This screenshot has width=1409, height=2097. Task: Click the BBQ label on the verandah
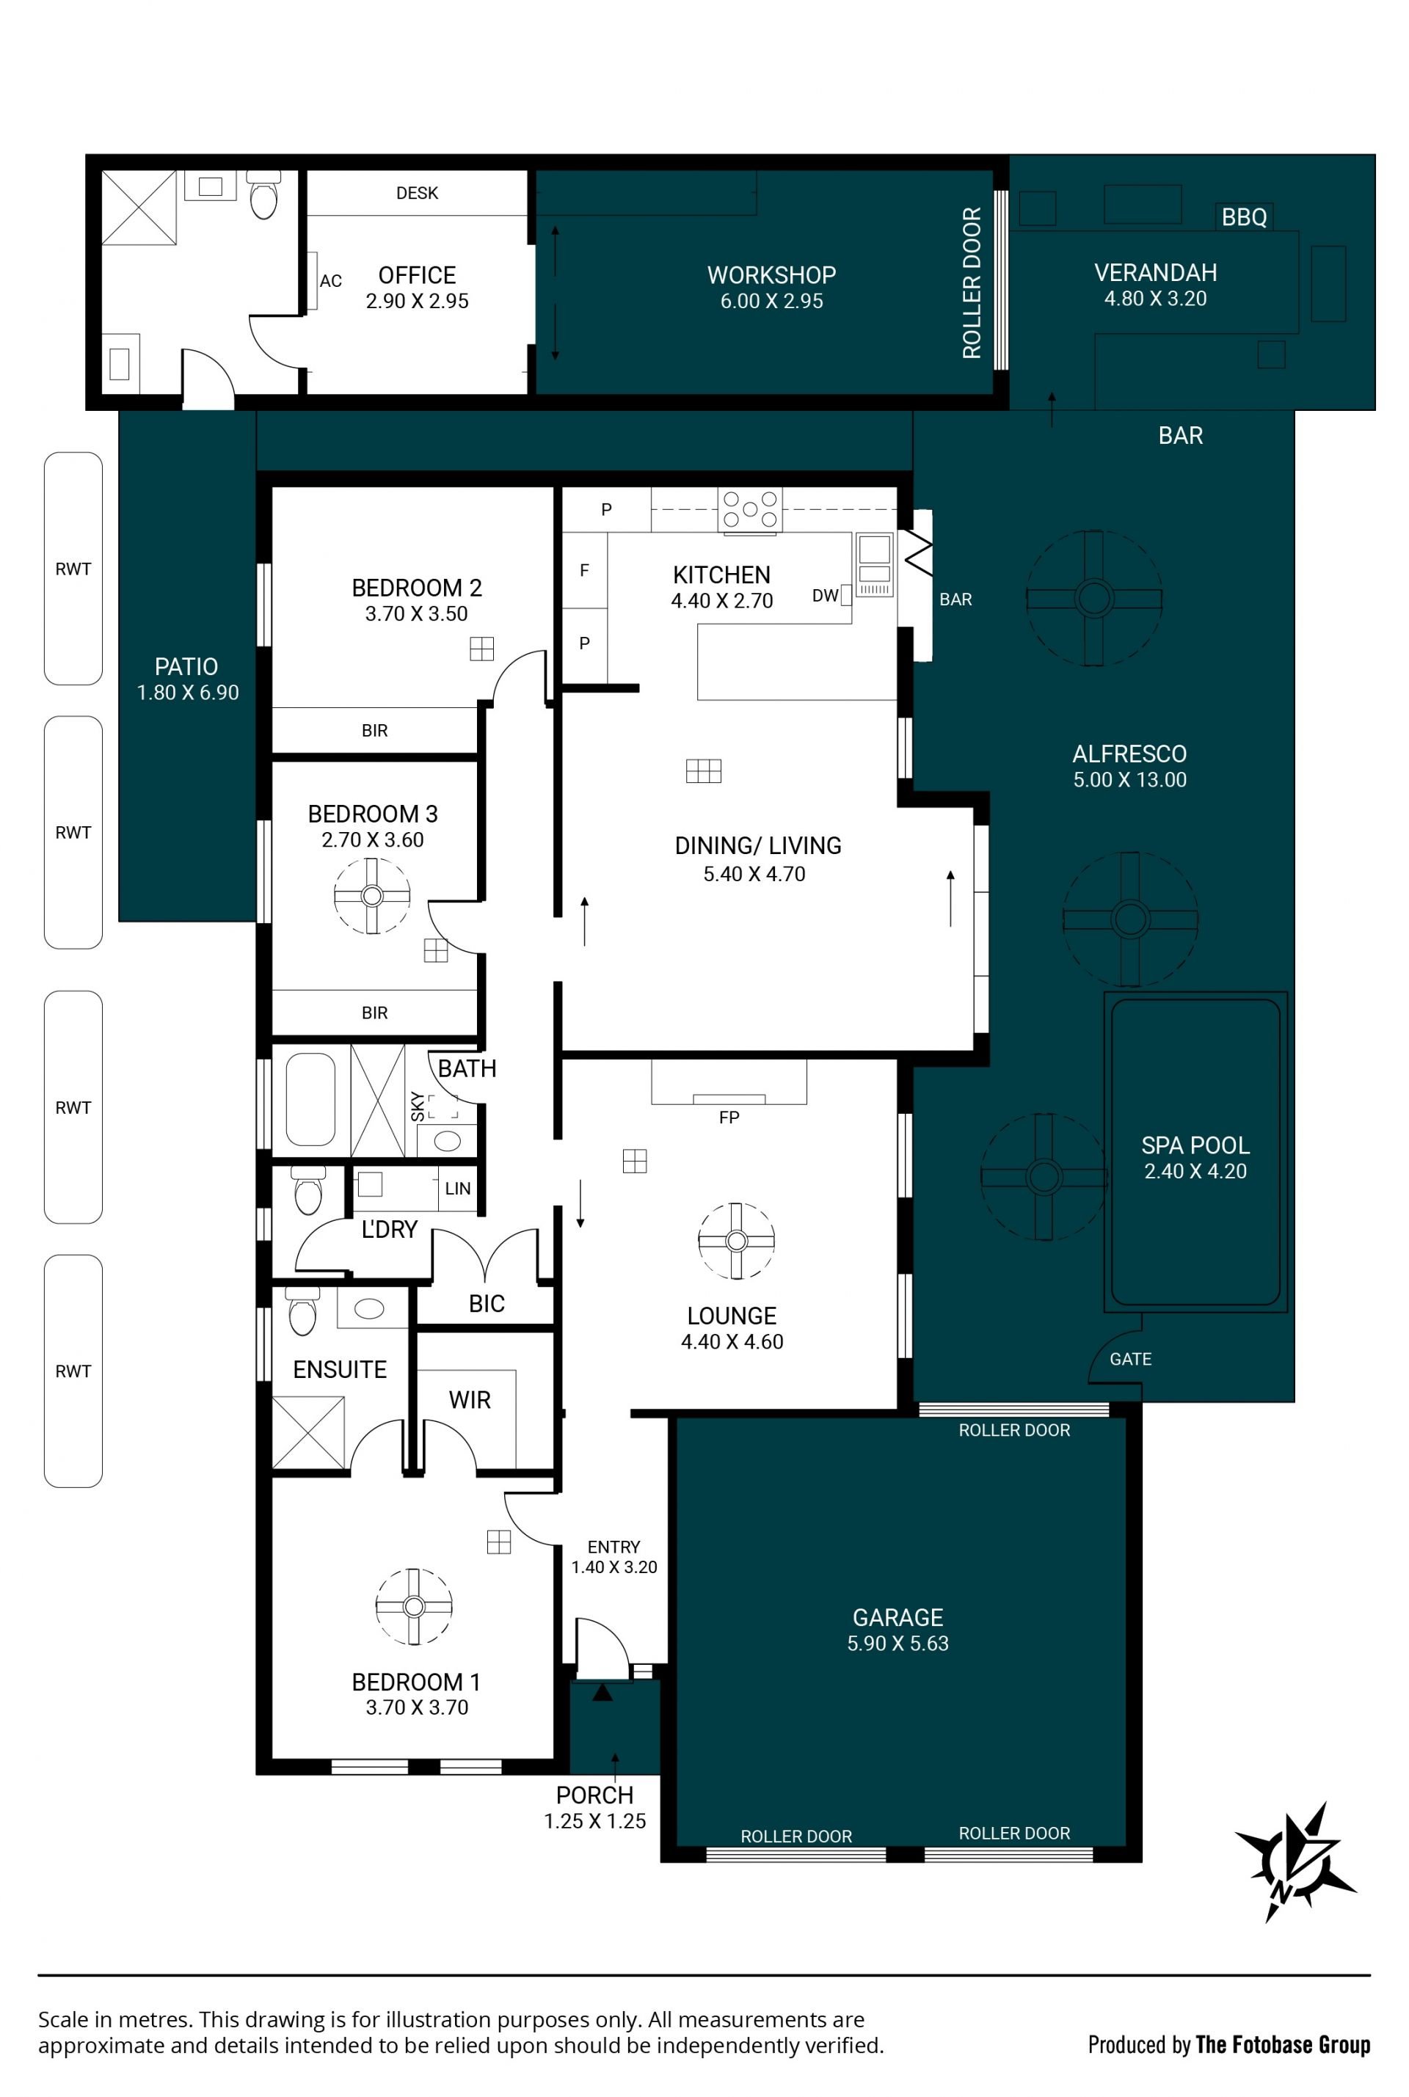pyautogui.click(x=1244, y=216)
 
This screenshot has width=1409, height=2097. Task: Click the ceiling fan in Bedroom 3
pyautogui.click(x=372, y=896)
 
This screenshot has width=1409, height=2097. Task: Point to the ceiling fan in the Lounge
pyautogui.click(x=736, y=1241)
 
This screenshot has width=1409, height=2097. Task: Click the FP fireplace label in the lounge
pyautogui.click(x=729, y=1117)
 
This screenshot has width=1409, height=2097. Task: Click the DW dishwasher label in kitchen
pyautogui.click(x=825, y=595)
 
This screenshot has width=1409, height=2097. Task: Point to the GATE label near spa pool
pyautogui.click(x=1130, y=1360)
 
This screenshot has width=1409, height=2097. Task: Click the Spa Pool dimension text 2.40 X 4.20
pyautogui.click(x=1195, y=1172)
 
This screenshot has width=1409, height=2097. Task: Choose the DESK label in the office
pyautogui.click(x=417, y=193)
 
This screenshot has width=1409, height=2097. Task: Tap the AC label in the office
pyautogui.click(x=331, y=281)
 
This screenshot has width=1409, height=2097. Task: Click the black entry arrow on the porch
pyautogui.click(x=602, y=1693)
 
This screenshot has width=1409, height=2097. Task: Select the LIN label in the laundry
pyautogui.click(x=457, y=1189)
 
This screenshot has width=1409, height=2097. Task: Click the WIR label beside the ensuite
pyautogui.click(x=470, y=1400)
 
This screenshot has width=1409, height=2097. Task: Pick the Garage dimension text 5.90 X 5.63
pyautogui.click(x=898, y=1644)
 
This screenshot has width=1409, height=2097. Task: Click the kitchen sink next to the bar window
pyautogui.click(x=874, y=564)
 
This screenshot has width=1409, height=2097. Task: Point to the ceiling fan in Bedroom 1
pyautogui.click(x=413, y=1606)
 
